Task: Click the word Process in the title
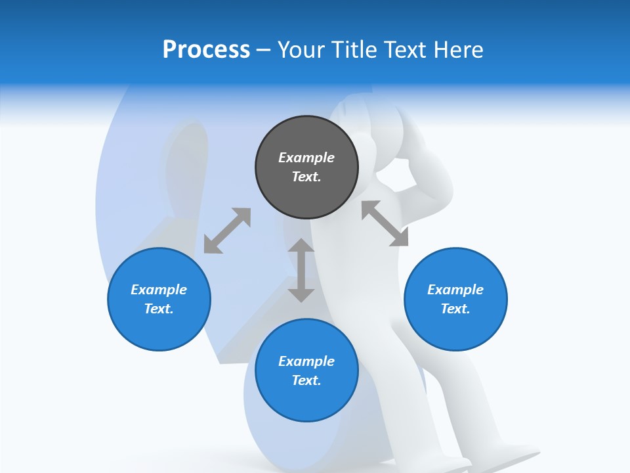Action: click(206, 50)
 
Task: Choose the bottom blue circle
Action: click(306, 401)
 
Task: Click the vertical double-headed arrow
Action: click(301, 270)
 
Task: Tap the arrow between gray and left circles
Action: click(227, 231)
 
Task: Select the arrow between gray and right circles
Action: click(385, 223)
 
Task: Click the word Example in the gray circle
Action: click(306, 158)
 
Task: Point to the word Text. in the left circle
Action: click(159, 309)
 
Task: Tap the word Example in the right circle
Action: click(455, 290)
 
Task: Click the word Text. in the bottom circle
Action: click(306, 380)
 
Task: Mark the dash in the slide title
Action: click(264, 51)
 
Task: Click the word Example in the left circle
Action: click(159, 290)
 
